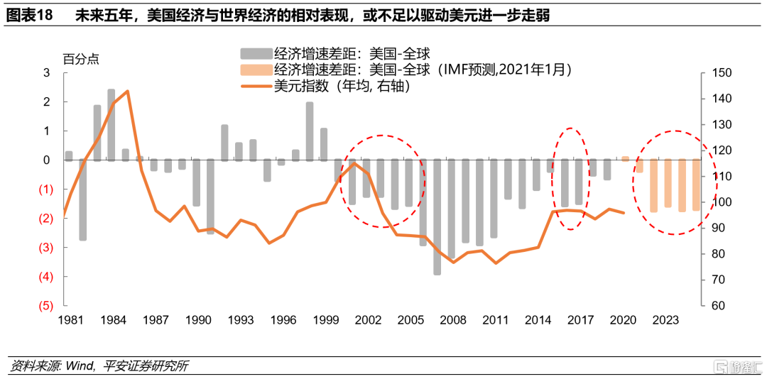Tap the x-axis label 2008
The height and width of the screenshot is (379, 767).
click(452, 320)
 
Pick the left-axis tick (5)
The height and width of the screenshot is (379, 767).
click(45, 306)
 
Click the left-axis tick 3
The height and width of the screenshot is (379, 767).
click(47, 72)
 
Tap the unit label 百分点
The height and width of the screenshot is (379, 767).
click(81, 59)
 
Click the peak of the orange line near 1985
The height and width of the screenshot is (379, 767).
click(127, 91)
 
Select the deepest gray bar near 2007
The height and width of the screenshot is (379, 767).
click(437, 216)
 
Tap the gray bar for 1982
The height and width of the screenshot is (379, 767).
click(83, 200)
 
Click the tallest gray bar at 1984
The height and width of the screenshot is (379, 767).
click(111, 125)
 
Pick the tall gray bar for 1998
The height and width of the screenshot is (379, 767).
click(310, 131)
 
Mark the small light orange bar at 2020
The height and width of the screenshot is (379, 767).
click(625, 158)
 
